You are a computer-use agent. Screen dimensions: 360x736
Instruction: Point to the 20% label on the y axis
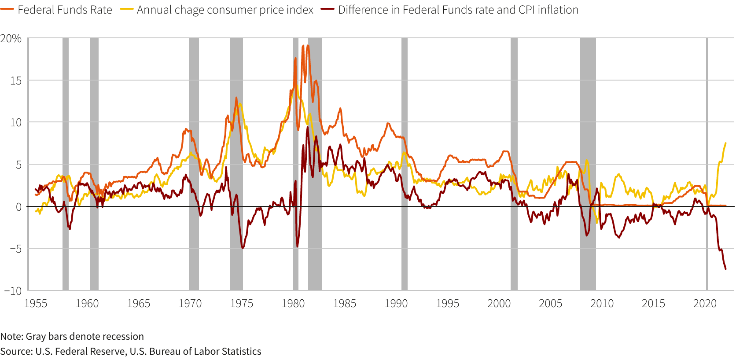pos(11,39)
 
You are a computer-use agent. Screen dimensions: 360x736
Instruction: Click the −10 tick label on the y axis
pos(13,290)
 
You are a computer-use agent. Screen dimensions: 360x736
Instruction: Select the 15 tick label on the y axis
pos(16,81)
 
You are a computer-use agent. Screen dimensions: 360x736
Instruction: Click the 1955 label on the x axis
pos(36,304)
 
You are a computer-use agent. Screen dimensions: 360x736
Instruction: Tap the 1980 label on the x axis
pos(293,304)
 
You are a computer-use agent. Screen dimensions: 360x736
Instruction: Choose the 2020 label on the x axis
pos(705,304)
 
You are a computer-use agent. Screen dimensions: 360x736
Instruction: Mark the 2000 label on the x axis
pos(499,304)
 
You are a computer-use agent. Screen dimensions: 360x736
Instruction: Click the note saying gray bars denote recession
pos(72,337)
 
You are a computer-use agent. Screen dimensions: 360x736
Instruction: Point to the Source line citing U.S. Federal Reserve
pos(131,352)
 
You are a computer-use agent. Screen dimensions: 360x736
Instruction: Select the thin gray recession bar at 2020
pos(707,132)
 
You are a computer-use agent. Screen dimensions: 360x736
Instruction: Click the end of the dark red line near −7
pos(725,268)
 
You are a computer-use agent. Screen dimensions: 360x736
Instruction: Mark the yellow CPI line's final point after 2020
pos(725,143)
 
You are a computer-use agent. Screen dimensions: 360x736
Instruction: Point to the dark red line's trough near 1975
pos(242,248)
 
